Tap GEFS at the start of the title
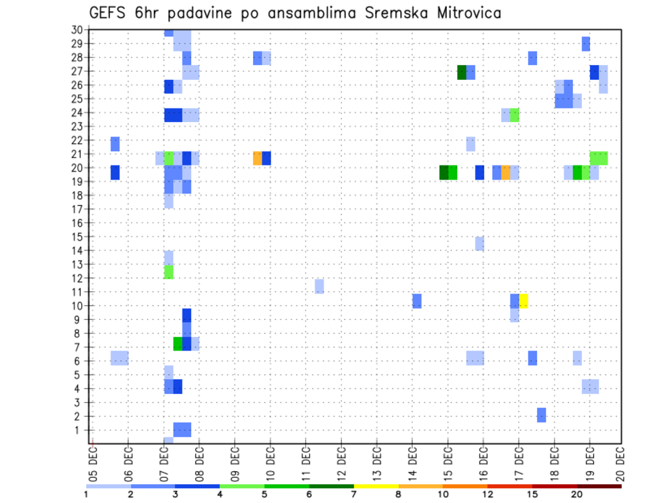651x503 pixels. pyautogui.click(x=109, y=12)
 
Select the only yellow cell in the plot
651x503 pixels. pyautogui.click(x=524, y=301)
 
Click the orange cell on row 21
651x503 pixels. pyautogui.click(x=257, y=158)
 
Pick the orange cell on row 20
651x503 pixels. pyautogui.click(x=506, y=172)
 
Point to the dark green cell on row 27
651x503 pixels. pyautogui.click(x=462, y=73)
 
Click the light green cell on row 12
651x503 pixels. pyautogui.click(x=169, y=272)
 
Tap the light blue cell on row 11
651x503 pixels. pyautogui.click(x=319, y=286)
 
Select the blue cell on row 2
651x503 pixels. pyautogui.click(x=541, y=415)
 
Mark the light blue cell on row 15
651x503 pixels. pyautogui.click(x=479, y=243)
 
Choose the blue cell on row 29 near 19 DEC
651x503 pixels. pyautogui.click(x=586, y=44)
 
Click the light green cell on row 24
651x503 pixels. pyautogui.click(x=515, y=115)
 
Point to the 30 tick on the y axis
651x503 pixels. pyautogui.click(x=77, y=30)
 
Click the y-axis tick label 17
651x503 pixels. pyautogui.click(x=77, y=209)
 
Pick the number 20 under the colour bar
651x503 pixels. pyautogui.click(x=576, y=495)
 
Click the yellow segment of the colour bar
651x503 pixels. pyautogui.click(x=376, y=486)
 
